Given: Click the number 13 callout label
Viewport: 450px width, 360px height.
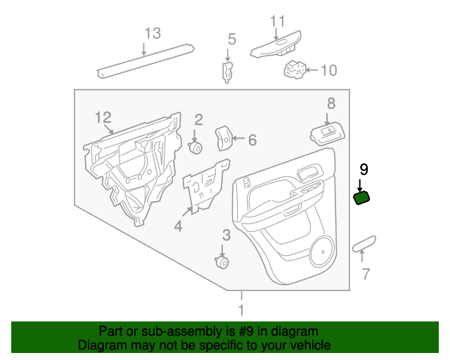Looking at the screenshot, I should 153,33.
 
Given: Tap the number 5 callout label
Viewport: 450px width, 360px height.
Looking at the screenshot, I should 231,39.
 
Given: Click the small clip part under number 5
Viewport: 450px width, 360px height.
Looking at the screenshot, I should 228,70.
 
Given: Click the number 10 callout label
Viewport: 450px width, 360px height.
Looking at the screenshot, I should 328,70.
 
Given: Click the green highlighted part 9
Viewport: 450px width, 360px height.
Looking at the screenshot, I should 361,198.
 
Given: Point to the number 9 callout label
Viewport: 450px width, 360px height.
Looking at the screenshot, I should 364,169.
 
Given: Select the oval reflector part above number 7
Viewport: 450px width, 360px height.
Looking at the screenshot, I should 365,244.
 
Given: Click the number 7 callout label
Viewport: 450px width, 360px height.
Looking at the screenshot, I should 365,274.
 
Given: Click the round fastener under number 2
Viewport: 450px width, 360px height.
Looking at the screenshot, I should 196,148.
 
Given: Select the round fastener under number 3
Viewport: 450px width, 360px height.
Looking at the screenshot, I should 222,262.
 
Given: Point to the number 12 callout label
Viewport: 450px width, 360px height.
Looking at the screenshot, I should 103,116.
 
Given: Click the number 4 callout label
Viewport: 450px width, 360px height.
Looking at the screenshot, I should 178,226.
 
